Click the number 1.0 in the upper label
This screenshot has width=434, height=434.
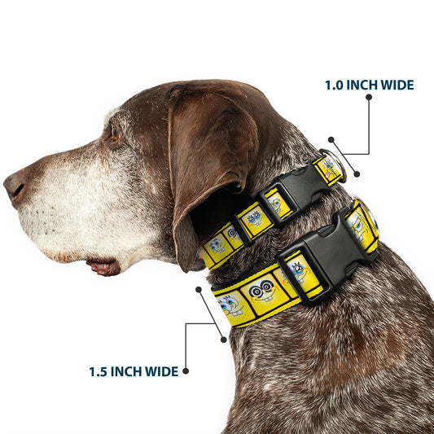(x=334, y=85)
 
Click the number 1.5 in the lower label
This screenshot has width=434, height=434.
(x=98, y=372)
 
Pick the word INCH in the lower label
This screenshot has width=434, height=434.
(x=126, y=371)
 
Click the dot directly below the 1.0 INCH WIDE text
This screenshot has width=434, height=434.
(x=369, y=97)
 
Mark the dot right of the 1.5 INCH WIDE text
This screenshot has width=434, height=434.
(x=186, y=371)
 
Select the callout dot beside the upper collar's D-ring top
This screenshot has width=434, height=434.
(x=331, y=139)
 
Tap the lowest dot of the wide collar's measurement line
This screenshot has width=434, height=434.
(x=223, y=340)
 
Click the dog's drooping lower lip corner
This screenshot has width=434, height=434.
(x=103, y=267)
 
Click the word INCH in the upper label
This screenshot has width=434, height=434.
(x=362, y=85)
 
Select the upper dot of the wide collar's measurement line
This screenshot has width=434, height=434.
(x=199, y=290)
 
